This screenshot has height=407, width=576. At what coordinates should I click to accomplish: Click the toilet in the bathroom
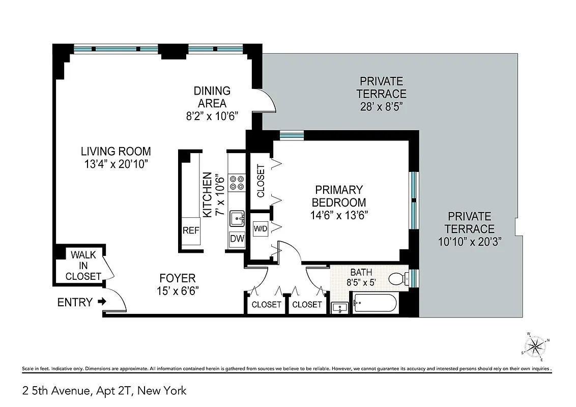click(x=396, y=278)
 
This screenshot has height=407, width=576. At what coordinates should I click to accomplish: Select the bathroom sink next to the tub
click(x=339, y=307)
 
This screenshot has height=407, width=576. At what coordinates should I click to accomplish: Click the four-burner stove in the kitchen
click(x=237, y=182)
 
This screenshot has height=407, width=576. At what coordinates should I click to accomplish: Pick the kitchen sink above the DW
click(x=237, y=219)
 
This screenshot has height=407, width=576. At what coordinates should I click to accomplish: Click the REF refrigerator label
click(x=191, y=230)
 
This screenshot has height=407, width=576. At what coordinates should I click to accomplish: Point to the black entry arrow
click(x=102, y=302)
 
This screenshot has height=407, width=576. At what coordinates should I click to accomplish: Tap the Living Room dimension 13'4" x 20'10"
click(x=116, y=164)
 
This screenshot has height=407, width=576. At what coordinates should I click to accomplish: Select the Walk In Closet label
click(x=83, y=265)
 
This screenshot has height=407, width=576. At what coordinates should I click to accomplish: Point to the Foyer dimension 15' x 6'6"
click(x=178, y=291)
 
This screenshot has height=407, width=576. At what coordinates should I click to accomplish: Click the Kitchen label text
click(x=208, y=195)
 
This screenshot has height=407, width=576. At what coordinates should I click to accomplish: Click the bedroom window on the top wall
click(x=292, y=135)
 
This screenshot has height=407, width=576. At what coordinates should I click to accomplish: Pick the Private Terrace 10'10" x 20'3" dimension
click(x=470, y=242)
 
